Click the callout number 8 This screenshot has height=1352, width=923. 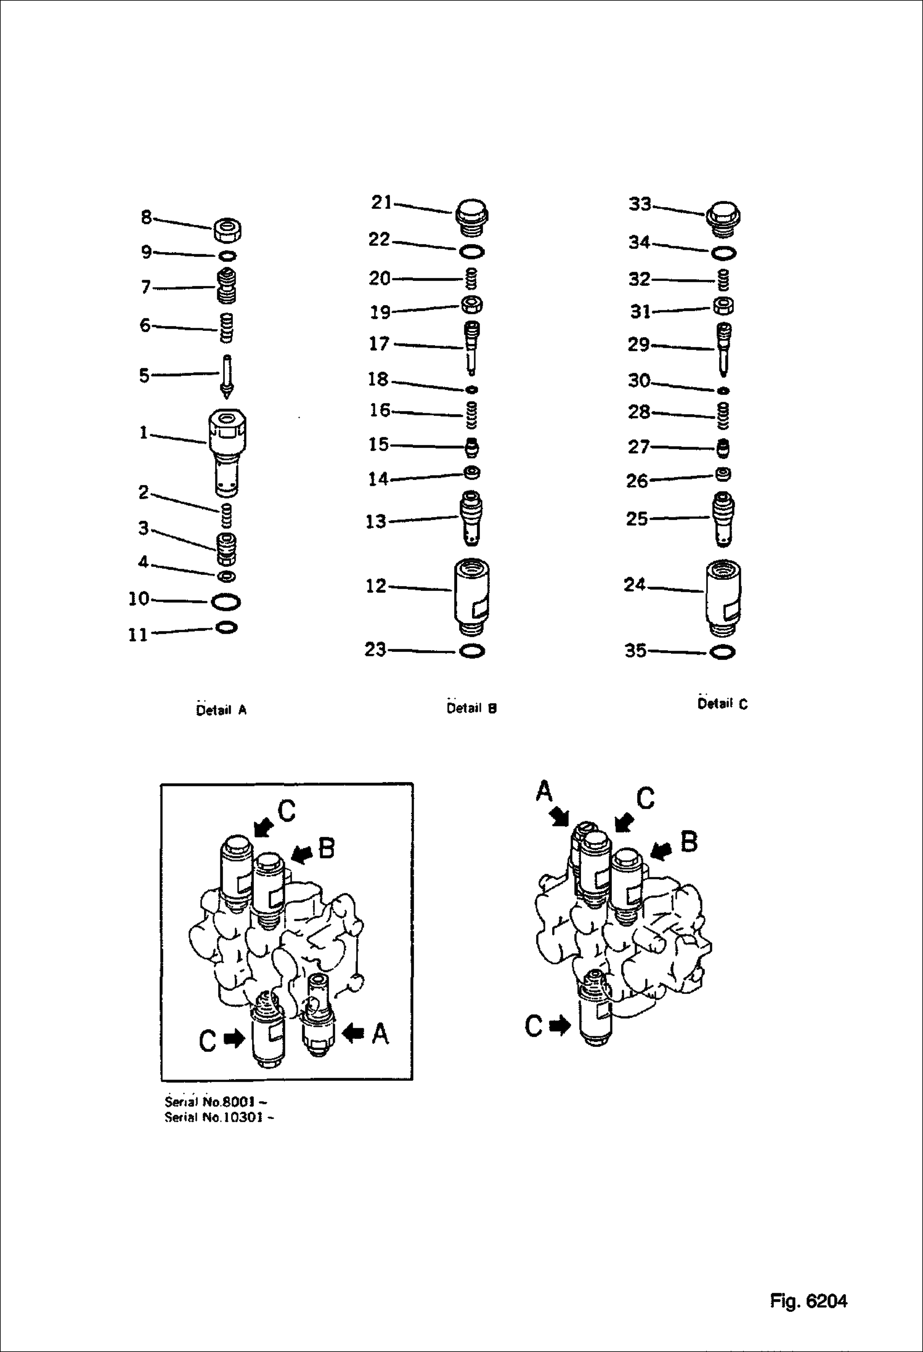click(146, 217)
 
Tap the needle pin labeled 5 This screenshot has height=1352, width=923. click(227, 377)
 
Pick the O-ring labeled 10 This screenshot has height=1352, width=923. click(226, 601)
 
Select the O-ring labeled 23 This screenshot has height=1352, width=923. click(472, 651)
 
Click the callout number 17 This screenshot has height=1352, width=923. click(379, 344)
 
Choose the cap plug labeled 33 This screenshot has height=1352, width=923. click(723, 218)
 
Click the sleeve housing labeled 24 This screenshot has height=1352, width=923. click(723, 597)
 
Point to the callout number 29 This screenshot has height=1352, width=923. click(639, 345)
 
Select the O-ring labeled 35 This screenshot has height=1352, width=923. click(723, 652)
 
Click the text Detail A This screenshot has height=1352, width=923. click(221, 710)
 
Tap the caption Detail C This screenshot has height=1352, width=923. click(722, 704)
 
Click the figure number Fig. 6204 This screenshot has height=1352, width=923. click(808, 1301)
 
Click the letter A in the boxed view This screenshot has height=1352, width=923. click(380, 1033)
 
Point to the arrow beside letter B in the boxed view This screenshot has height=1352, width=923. click(301, 853)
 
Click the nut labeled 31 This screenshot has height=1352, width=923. click(723, 306)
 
